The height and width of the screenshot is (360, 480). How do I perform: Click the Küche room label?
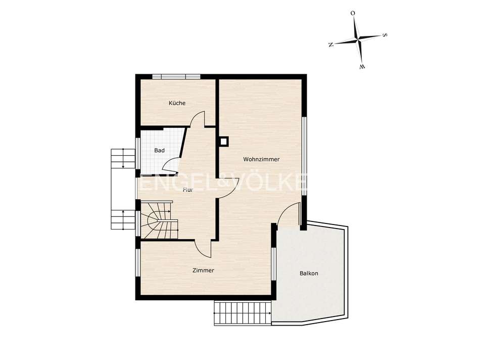click(177, 103)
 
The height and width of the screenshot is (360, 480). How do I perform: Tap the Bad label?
click(159, 151)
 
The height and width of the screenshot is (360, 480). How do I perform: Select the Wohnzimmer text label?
click(261, 159)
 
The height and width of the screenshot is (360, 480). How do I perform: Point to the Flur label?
click(188, 190)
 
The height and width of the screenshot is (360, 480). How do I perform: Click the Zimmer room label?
click(203, 271)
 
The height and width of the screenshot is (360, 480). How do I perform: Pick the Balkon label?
click(309, 274)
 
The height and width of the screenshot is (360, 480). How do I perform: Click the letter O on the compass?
click(353, 13)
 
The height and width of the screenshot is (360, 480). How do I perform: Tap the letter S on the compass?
click(385, 35)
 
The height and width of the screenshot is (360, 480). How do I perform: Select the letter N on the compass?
click(331, 44)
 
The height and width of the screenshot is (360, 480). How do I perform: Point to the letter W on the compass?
click(362, 66)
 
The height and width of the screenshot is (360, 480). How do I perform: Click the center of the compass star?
click(358, 39)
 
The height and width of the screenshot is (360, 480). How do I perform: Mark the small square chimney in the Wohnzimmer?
click(224, 142)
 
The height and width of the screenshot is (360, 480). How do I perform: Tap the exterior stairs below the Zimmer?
click(243, 313)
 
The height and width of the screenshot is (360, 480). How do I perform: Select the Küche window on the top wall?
click(176, 77)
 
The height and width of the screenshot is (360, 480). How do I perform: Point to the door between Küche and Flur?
click(198, 119)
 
